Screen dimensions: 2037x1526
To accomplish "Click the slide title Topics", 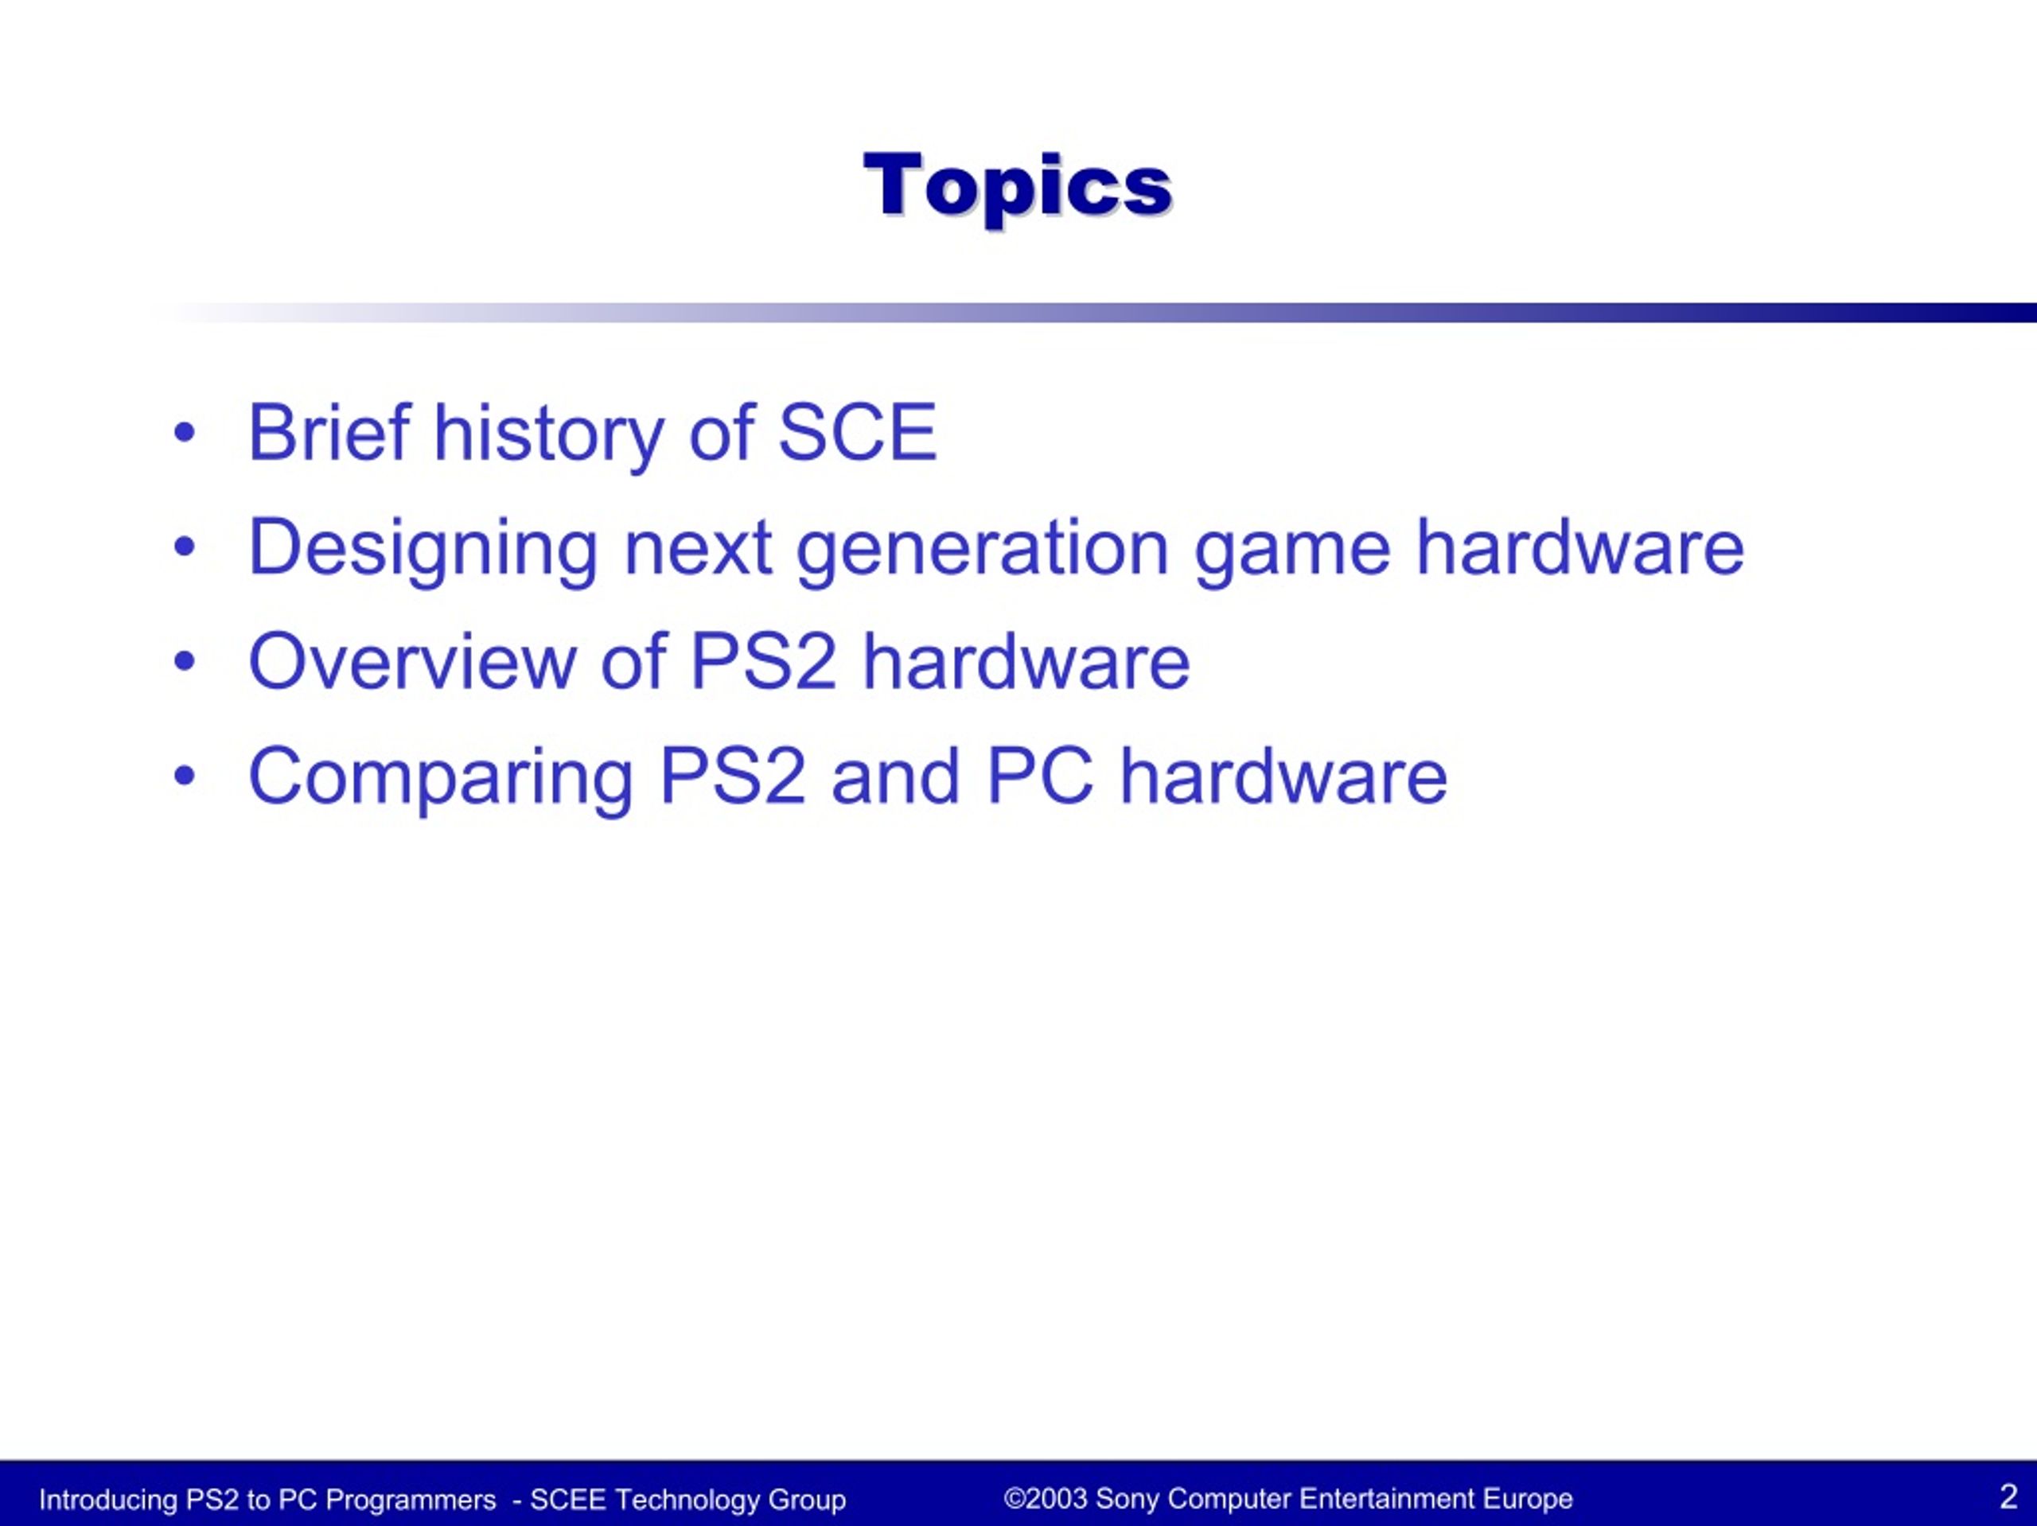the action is coord(1018,187).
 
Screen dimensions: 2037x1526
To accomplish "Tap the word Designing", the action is coord(423,549).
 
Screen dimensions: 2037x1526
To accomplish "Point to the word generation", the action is coord(983,549).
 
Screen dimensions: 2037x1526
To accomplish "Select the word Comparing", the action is coord(441,778).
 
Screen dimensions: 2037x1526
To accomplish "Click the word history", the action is coord(549,434).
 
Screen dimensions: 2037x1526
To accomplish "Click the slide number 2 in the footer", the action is coord(2008,1496).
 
